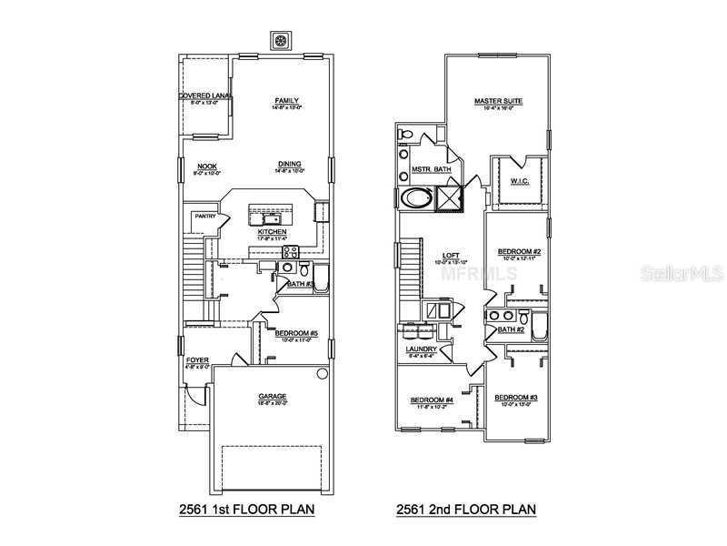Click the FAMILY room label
(x=287, y=101)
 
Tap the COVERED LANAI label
(x=204, y=96)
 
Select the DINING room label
(x=289, y=165)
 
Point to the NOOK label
(x=206, y=166)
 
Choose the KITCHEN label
(x=272, y=232)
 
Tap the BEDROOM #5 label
(x=295, y=333)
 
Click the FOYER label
(x=197, y=360)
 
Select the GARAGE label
(x=272, y=397)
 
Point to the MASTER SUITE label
(x=498, y=101)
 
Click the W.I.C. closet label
(x=519, y=180)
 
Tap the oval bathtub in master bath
(x=417, y=198)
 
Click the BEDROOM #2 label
(x=519, y=251)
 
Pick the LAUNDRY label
(x=422, y=349)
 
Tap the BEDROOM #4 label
(x=431, y=400)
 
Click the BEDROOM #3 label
(x=515, y=398)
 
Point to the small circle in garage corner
(x=321, y=374)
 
